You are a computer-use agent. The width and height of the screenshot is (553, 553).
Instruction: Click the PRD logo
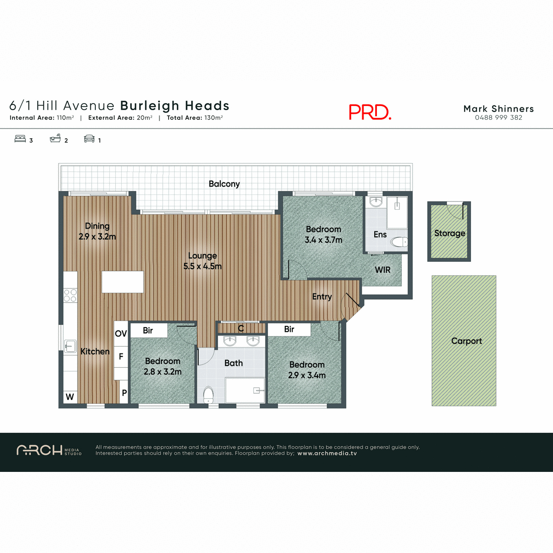click(x=370, y=112)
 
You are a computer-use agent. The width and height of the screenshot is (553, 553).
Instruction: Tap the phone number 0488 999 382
click(x=499, y=118)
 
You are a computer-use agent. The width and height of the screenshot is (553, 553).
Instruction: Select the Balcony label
click(x=224, y=184)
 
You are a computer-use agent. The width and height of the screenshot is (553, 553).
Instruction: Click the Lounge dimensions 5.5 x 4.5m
click(x=202, y=266)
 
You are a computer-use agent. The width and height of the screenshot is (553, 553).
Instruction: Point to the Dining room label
click(x=97, y=226)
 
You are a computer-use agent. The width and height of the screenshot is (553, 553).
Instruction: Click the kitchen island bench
click(x=123, y=282)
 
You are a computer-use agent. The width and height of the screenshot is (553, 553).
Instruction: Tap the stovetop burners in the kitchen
click(x=70, y=295)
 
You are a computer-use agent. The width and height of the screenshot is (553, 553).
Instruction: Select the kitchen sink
click(x=70, y=346)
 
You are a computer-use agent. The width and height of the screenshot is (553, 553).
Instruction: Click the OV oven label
click(x=121, y=334)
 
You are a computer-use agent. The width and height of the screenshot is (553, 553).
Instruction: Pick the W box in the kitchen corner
click(x=70, y=397)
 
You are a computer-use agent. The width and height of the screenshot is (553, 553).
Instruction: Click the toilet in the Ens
click(x=399, y=241)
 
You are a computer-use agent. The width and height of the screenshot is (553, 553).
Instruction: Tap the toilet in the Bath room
click(x=208, y=394)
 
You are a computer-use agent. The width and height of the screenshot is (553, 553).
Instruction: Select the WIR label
click(x=382, y=270)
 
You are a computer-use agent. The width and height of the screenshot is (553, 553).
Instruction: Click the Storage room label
click(x=449, y=233)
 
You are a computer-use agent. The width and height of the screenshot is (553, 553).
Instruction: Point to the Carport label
click(x=466, y=341)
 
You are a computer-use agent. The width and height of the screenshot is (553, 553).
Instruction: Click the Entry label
click(x=322, y=297)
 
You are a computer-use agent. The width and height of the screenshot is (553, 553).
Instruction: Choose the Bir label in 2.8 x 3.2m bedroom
click(x=148, y=330)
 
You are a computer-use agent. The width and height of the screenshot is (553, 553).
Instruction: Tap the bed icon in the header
click(x=20, y=139)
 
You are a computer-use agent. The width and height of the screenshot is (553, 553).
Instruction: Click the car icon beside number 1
click(x=89, y=139)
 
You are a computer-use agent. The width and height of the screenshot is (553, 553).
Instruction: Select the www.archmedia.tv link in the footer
click(x=327, y=453)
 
